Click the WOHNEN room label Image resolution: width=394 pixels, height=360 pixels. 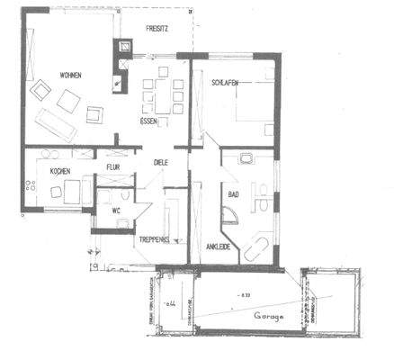47,75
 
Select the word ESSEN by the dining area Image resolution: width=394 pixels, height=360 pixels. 149,120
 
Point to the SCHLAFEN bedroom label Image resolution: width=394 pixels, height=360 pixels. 225,82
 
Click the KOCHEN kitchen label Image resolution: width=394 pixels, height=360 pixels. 49,170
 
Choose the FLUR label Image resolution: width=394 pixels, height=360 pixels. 114,166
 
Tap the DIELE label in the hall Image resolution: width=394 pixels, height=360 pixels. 161,163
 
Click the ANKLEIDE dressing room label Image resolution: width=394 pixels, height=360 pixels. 219,245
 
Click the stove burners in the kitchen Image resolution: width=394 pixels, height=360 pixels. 31,185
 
